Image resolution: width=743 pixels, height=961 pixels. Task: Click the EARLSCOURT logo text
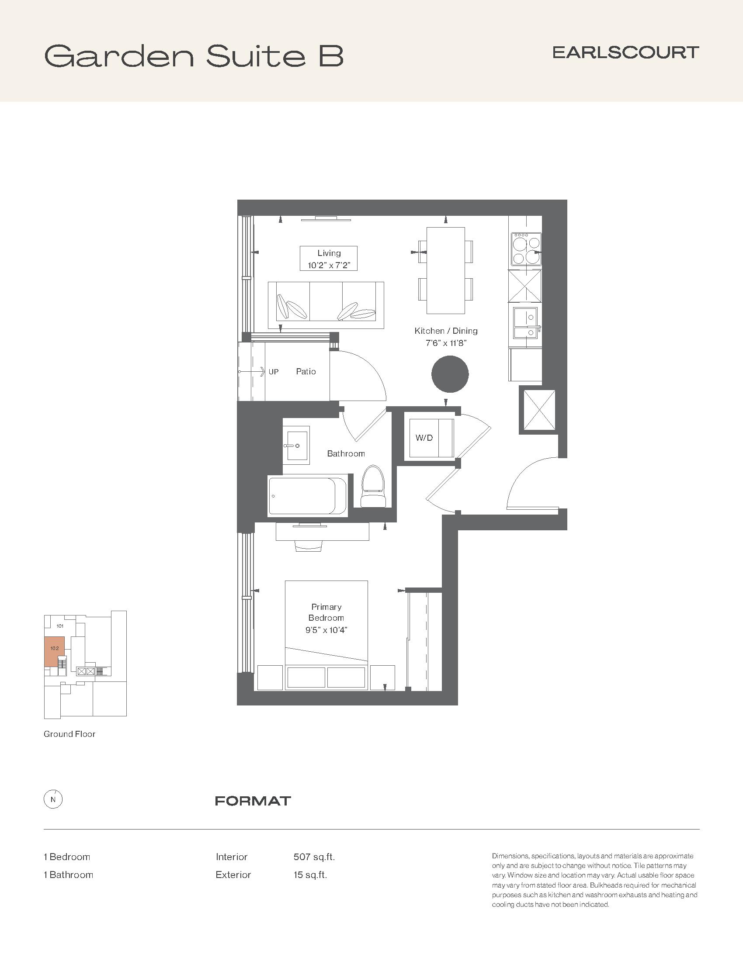point(625,52)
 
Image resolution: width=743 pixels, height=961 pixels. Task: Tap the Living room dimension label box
point(328,259)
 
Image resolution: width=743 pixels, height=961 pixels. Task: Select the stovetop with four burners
point(526,249)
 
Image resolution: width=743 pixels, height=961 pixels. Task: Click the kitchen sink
point(525,322)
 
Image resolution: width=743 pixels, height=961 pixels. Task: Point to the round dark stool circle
point(450,374)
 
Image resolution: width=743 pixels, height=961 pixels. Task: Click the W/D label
point(424,438)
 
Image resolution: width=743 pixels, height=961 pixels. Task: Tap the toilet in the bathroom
point(373,487)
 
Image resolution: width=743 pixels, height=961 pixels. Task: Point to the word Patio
point(306,371)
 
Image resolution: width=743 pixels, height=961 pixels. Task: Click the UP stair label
point(273,372)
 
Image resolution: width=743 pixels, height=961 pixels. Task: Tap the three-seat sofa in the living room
point(326,305)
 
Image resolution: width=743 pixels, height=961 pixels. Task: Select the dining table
point(446,270)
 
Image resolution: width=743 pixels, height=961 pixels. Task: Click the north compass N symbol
point(53,799)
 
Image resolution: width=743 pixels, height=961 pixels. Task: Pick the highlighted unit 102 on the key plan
point(55,651)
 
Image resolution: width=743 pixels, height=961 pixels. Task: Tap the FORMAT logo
point(253,801)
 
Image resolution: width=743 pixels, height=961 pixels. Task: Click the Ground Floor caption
point(69,734)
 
